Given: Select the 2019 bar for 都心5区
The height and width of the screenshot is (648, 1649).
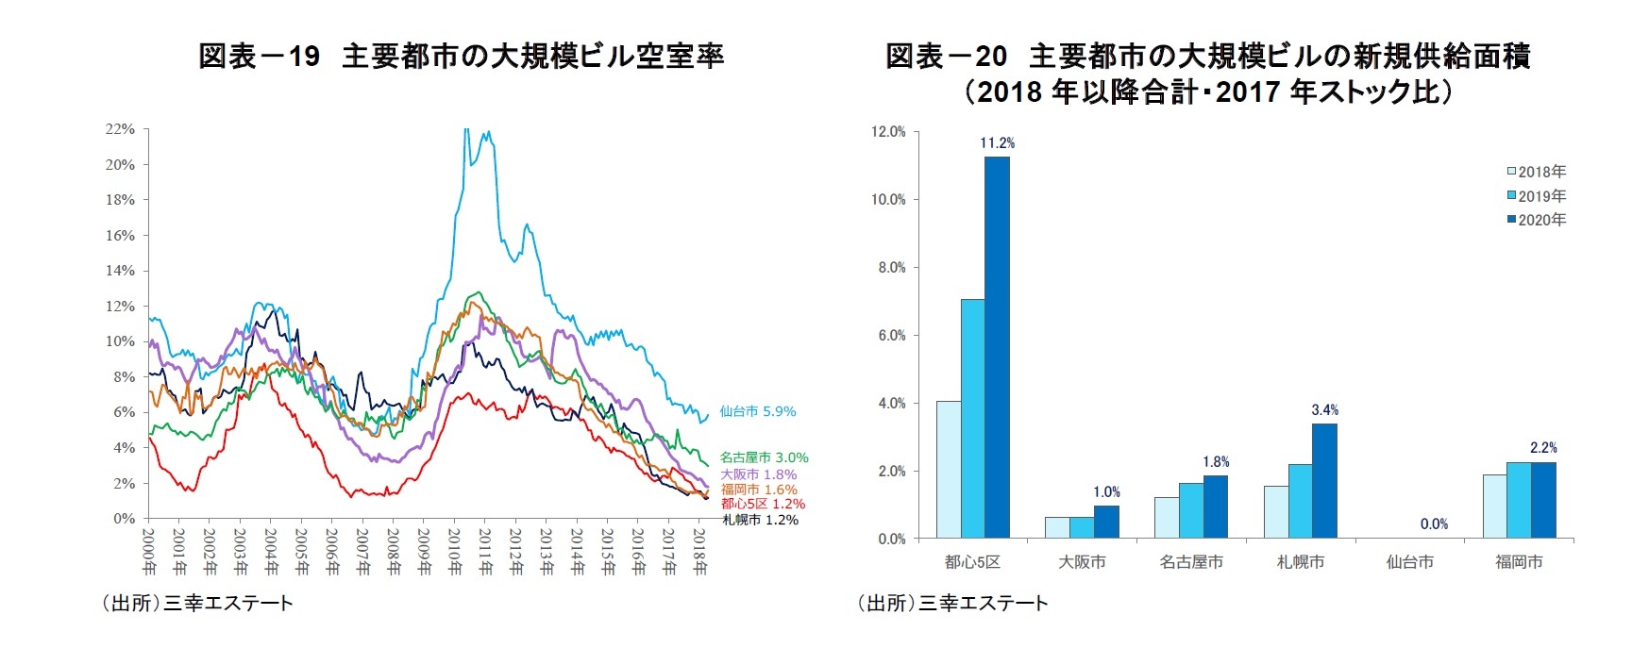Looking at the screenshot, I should tap(972, 419).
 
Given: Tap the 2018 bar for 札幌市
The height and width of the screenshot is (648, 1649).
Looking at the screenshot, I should tap(1276, 512).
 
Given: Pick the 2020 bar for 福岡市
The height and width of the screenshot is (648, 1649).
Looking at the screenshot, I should tap(1543, 500).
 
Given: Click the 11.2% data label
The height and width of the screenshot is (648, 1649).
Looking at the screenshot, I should tap(997, 143).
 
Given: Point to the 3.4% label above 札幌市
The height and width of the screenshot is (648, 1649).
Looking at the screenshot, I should tap(1324, 410).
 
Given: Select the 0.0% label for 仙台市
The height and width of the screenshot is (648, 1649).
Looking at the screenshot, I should tap(1434, 524).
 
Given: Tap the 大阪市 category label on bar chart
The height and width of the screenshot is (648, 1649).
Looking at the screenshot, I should tap(1082, 562).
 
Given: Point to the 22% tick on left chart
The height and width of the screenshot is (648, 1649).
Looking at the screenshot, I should tap(120, 129).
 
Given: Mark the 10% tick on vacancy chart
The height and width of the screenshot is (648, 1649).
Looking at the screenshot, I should tap(120, 341).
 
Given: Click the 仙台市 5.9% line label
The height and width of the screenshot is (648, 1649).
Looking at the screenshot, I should tap(757, 411).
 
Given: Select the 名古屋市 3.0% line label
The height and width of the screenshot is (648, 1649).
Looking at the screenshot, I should tap(764, 457).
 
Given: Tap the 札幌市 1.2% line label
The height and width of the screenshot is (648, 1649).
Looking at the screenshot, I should tap(760, 520).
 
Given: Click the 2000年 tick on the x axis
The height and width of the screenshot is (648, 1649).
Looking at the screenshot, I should tap(149, 551).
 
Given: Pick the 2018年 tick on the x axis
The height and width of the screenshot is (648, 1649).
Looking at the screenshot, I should tap(699, 551).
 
